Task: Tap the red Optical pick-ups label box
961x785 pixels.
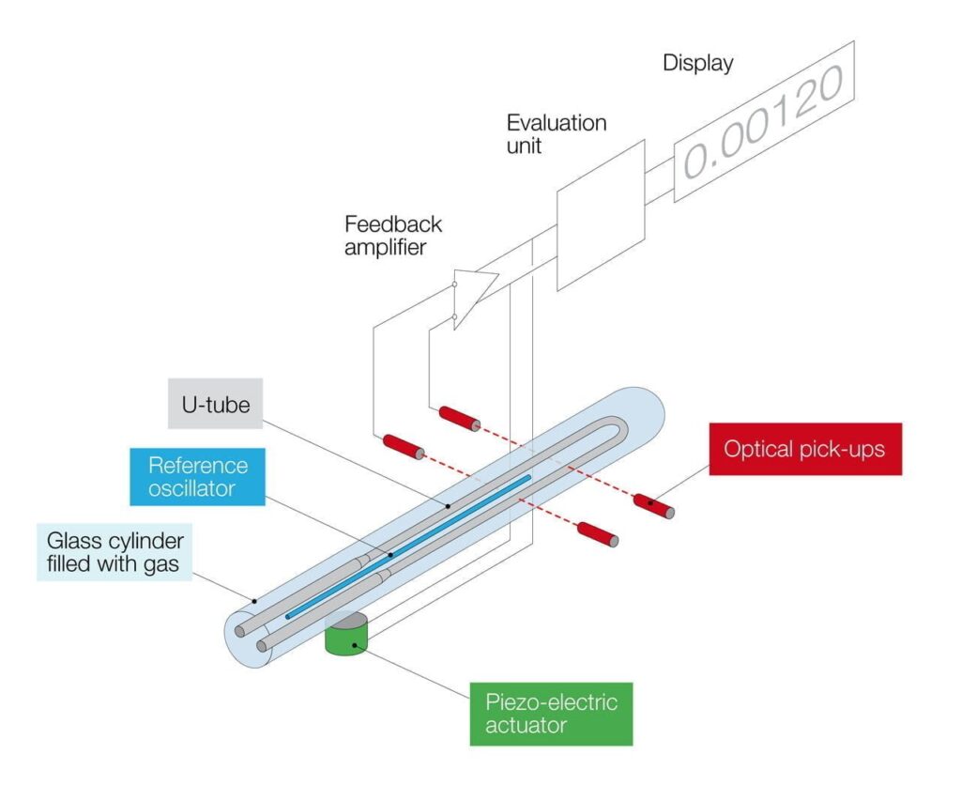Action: [x=804, y=448]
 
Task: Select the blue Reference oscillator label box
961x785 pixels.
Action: [x=198, y=476]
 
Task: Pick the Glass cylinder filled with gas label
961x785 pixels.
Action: [x=114, y=553]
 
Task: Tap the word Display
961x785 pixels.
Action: [x=697, y=64]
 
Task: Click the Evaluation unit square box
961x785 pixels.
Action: [x=601, y=214]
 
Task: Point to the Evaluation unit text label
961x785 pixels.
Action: [x=557, y=133]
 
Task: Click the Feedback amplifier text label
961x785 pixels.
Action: [x=392, y=235]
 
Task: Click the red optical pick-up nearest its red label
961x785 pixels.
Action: [x=654, y=504]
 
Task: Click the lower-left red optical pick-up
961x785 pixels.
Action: [x=401, y=445]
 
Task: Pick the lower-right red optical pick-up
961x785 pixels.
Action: [x=598, y=534]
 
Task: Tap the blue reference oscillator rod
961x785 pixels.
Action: [x=413, y=545]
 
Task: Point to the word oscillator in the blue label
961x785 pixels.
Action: [x=198, y=488]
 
